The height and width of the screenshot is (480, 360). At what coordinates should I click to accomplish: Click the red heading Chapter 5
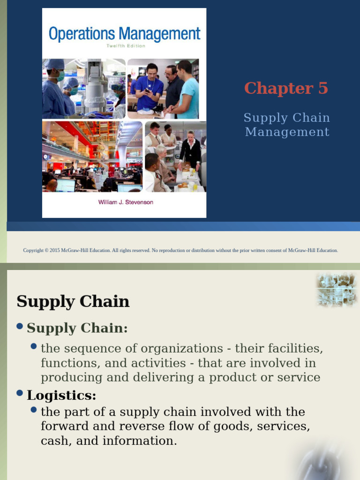point(286,88)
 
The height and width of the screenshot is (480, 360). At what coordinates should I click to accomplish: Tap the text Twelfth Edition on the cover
point(126,46)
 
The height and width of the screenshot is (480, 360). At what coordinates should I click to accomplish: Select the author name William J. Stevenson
point(126,202)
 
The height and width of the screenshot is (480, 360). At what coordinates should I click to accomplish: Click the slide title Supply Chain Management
point(287,125)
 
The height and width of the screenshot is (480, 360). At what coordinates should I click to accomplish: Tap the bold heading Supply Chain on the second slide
point(73,301)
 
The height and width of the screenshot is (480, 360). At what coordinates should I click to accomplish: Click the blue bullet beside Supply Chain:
point(20,326)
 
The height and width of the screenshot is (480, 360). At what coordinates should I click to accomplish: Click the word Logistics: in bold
point(61,395)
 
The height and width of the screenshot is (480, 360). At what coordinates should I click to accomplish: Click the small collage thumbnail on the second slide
point(336,290)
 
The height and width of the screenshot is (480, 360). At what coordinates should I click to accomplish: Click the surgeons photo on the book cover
point(83,89)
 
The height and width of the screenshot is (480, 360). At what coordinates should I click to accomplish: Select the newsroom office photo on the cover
point(92,157)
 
